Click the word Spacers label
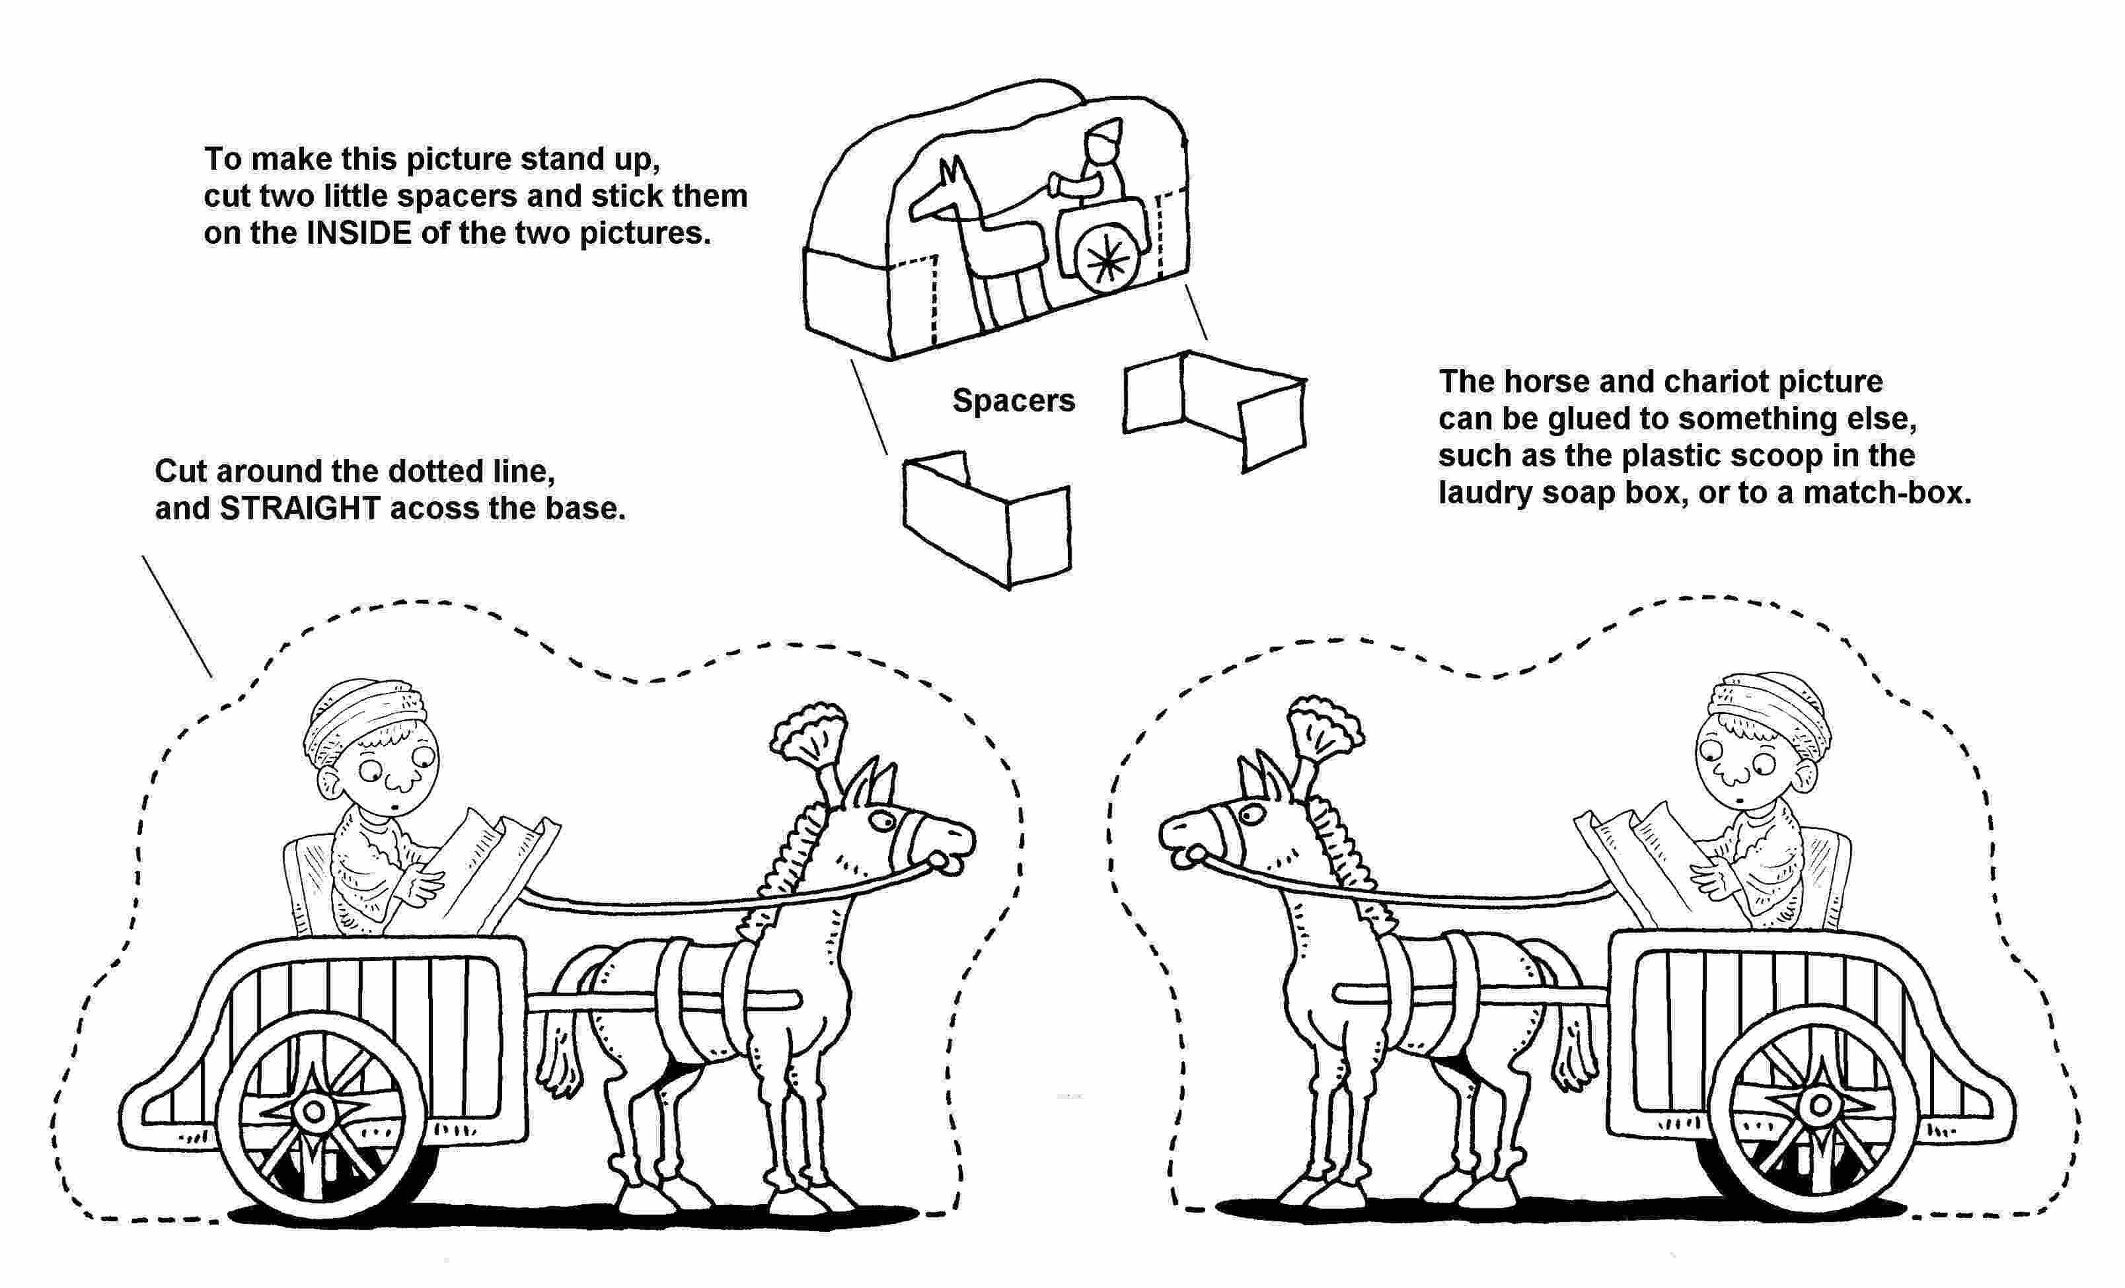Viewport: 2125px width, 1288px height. click(x=1014, y=401)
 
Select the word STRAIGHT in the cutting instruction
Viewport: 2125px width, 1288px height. click(x=299, y=509)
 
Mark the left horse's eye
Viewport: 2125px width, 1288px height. click(x=881, y=819)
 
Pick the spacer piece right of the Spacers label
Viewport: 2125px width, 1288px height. click(x=1215, y=409)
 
